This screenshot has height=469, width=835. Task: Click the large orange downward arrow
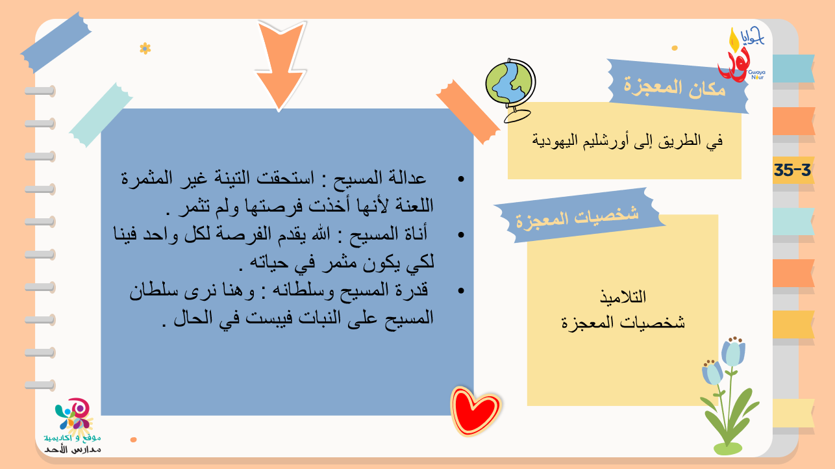pos(280,64)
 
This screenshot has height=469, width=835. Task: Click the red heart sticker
pos(475,411)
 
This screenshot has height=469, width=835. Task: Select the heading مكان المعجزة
pos(675,88)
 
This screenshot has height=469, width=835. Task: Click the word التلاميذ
pos(623,297)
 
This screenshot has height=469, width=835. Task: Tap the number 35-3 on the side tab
pos(792,170)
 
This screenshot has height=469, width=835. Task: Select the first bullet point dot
pos(461,179)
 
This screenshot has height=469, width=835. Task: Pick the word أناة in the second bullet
pos(414,234)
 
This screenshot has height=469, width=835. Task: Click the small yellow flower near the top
pos(145,49)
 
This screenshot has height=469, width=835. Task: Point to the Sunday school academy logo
pos(73,425)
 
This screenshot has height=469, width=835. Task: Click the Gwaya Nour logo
pos(741,55)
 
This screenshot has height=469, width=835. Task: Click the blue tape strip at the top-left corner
pos(56,42)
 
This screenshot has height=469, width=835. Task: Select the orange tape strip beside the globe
pos(468,112)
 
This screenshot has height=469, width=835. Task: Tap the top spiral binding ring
pos(40,90)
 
